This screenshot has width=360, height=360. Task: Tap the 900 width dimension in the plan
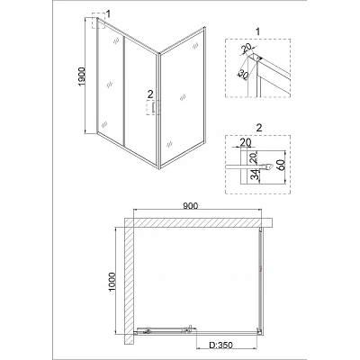coord(190,206)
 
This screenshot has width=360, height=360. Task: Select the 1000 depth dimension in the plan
coord(112,283)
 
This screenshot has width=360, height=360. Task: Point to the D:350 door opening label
coord(220,346)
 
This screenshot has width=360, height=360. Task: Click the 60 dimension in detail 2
coord(282,164)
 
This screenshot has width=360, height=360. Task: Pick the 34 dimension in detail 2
coord(255,175)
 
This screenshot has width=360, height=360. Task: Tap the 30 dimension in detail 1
coord(243,75)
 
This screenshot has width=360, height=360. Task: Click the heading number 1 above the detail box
coord(257,31)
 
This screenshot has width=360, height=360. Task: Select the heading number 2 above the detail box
coord(259,128)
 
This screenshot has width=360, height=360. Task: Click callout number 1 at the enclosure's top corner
coord(108,13)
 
